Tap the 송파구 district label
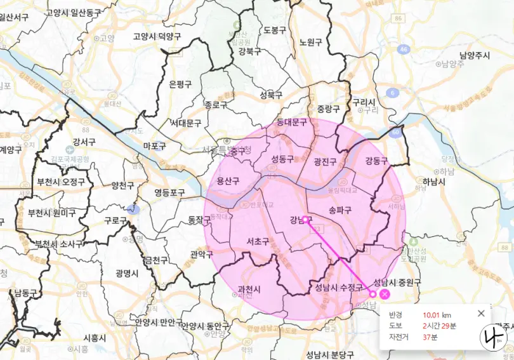[340, 208]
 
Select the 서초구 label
[257, 241]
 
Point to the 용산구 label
[228, 181]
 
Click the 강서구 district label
[84, 142]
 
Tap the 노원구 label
[310, 42]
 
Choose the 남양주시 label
[475, 56]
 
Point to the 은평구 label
[180, 84]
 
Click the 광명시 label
[128, 273]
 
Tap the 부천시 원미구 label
[52, 213]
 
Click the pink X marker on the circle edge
[385, 293]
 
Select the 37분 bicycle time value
[430, 337]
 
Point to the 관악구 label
[201, 254]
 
